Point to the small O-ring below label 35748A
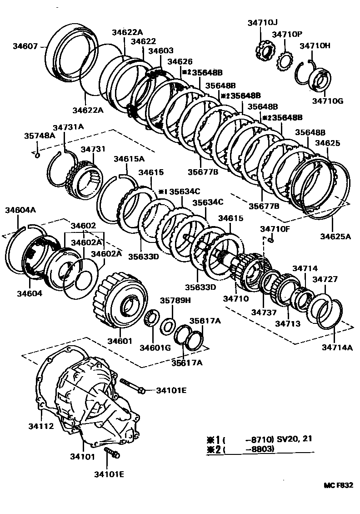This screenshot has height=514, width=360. tap(38, 156)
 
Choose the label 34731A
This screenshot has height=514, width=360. tap(68, 127)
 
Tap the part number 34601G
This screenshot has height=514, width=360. tap(155, 348)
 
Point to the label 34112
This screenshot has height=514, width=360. tap(41, 426)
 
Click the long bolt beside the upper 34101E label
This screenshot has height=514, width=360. tap(132, 385)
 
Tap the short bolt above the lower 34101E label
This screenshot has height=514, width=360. tap(111, 452)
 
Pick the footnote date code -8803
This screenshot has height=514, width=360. tap(259, 450)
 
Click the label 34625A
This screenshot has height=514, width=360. tap(335, 236)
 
